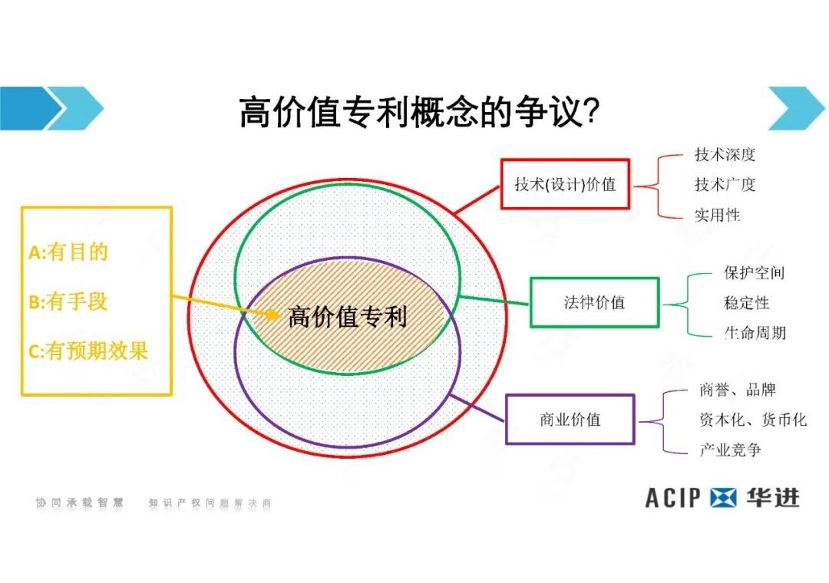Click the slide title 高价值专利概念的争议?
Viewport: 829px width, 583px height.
[419, 112]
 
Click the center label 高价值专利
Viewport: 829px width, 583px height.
[348, 317]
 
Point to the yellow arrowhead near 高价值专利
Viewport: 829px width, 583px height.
[273, 315]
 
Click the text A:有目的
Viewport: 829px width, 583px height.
[68, 252]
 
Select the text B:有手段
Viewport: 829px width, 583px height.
[68, 301]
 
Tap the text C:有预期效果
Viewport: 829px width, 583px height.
[88, 351]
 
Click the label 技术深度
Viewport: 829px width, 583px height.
[725, 154]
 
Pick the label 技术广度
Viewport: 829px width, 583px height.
[725, 184]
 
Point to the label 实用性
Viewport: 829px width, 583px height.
[717, 215]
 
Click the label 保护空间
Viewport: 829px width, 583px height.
[754, 273]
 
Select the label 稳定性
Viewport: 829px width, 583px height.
[746, 303]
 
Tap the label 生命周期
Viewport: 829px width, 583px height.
[755, 332]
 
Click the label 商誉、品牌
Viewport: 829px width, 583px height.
[738, 390]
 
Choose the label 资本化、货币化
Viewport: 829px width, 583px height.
[753, 420]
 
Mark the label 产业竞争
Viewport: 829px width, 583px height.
[730, 450]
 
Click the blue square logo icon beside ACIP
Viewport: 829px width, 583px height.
[722, 498]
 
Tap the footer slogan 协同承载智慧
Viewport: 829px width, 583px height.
[79, 502]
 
